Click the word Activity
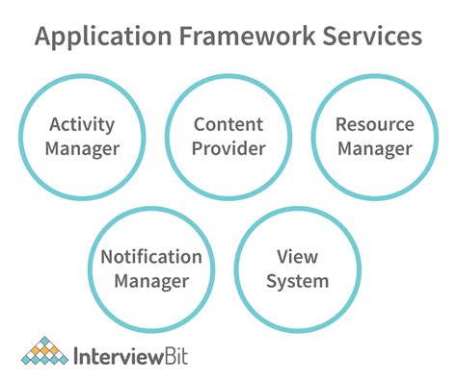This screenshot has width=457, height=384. pyautogui.click(x=83, y=124)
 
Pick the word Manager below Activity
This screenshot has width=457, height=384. pyautogui.click(x=83, y=149)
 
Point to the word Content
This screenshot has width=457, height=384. pyautogui.click(x=228, y=124)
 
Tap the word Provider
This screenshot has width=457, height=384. pyautogui.click(x=228, y=149)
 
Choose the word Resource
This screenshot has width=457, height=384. pyautogui.click(x=373, y=124)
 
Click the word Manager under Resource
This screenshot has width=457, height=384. pyautogui.click(x=373, y=149)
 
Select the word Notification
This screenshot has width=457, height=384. pyautogui.click(x=151, y=257)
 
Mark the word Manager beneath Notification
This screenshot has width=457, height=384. pyautogui.click(x=151, y=282)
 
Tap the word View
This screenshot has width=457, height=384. pyautogui.click(x=297, y=257)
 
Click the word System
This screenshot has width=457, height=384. pyautogui.click(x=297, y=282)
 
